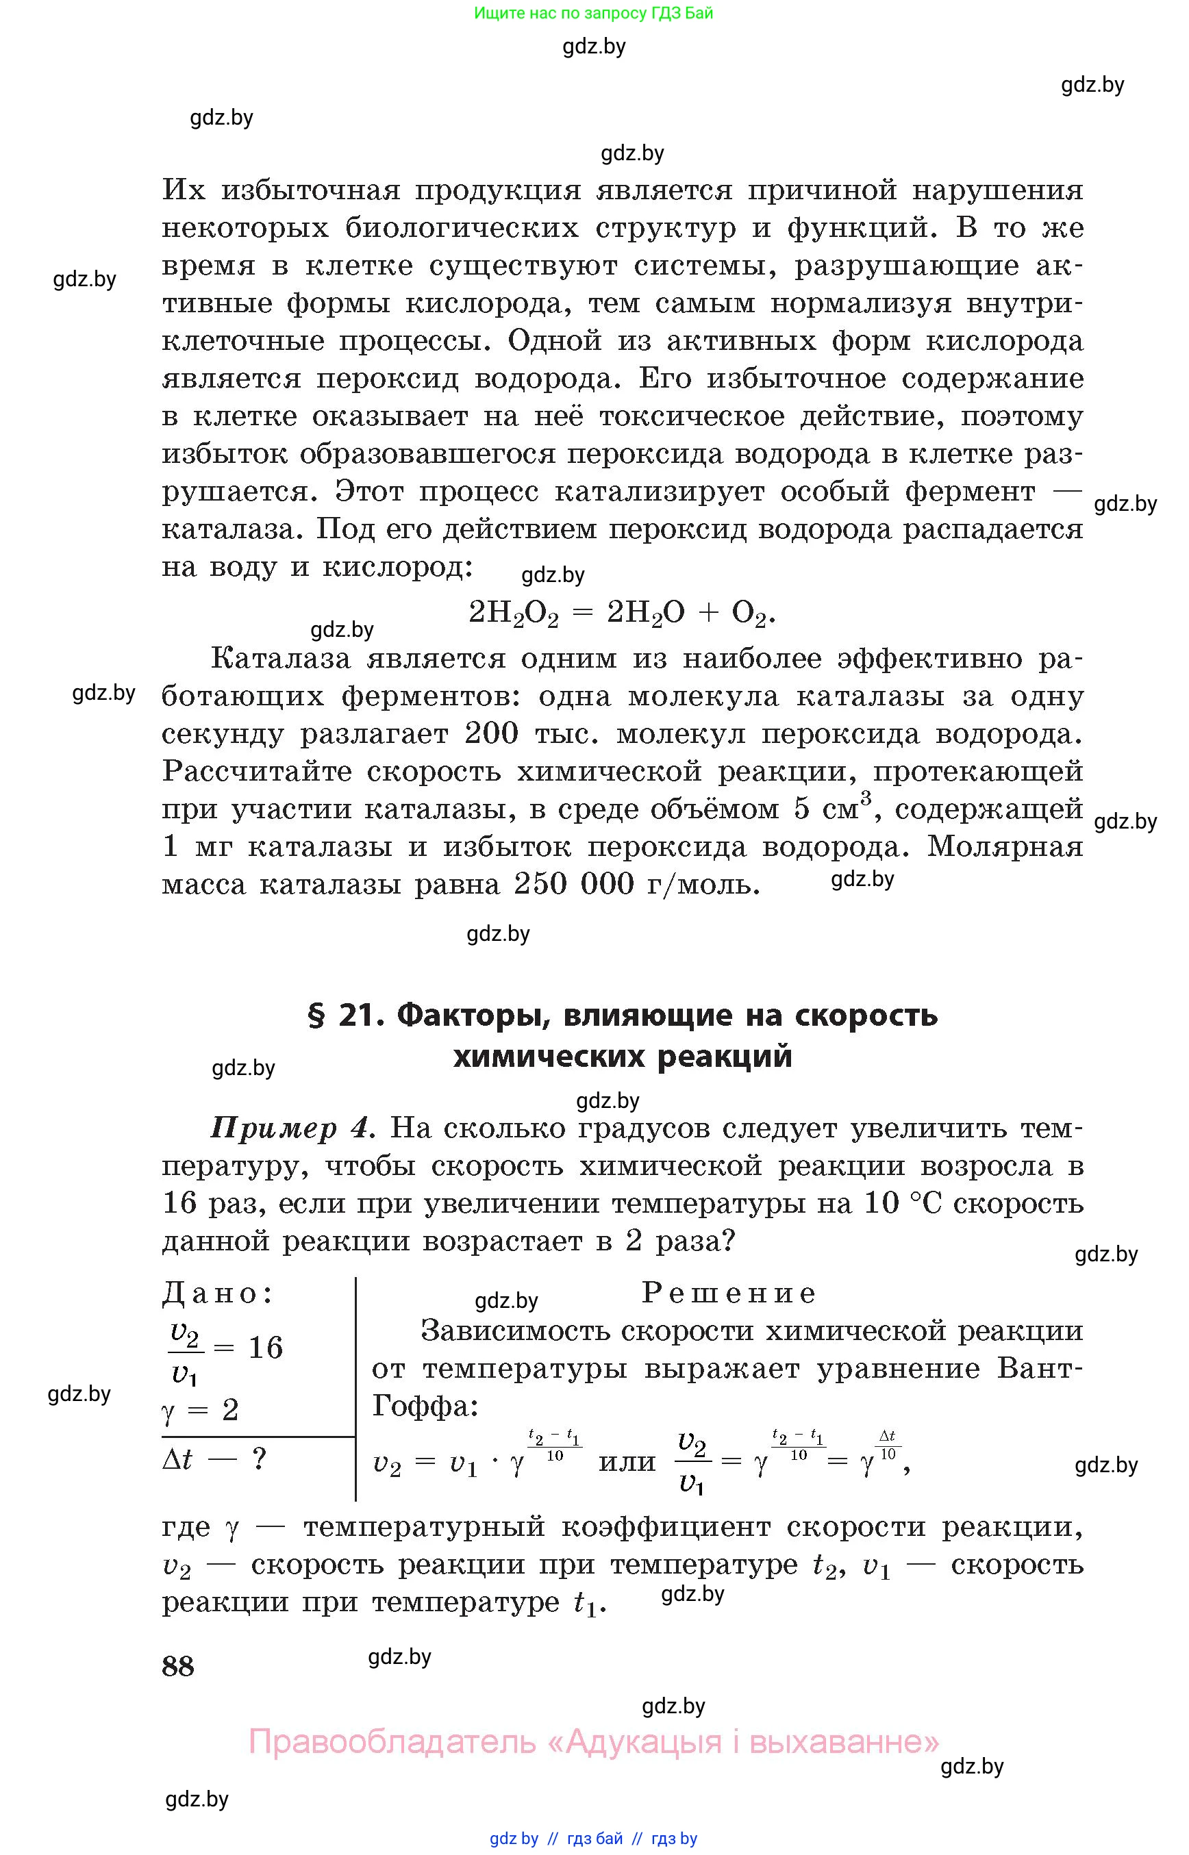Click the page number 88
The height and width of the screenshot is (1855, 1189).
click(x=177, y=1665)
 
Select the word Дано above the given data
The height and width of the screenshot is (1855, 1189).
click(x=217, y=1292)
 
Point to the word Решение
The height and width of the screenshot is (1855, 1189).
click(x=728, y=1292)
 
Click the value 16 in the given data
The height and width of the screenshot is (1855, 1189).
click(x=266, y=1347)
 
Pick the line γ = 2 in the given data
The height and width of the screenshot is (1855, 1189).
click(x=200, y=1410)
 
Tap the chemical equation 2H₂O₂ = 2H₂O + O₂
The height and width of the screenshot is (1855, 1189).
click(x=621, y=612)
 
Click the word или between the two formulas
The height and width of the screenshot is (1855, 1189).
click(x=627, y=1461)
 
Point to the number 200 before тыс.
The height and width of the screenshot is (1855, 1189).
click(x=491, y=733)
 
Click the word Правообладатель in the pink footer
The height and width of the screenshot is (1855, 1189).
click(x=392, y=1741)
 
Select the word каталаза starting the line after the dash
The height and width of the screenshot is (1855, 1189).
click(x=229, y=529)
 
